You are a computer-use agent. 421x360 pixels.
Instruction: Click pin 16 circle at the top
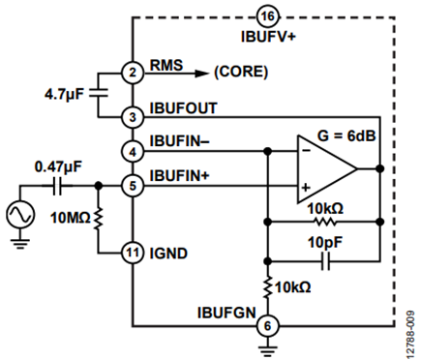coord(268,16)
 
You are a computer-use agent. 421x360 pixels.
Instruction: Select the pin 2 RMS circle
coord(133,73)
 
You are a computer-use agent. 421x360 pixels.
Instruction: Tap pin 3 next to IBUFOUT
coord(133,117)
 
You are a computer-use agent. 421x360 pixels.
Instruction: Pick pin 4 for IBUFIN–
coord(133,152)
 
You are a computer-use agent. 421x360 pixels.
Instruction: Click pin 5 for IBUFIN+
coord(133,186)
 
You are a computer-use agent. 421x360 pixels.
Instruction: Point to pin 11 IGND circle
coord(133,253)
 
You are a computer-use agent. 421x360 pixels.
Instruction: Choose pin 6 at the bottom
coord(267,326)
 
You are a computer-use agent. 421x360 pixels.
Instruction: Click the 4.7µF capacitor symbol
coord(98,93)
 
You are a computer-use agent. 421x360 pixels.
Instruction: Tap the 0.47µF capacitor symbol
coord(57,186)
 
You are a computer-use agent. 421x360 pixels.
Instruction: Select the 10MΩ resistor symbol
coord(98,219)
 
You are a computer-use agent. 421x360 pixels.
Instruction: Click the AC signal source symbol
coord(20,214)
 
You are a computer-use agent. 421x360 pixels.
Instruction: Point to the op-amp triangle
coord(327,168)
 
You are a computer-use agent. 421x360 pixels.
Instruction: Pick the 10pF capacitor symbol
coord(326,261)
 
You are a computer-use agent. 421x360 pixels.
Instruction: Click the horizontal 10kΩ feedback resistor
coord(325,222)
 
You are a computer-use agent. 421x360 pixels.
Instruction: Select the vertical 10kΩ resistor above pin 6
coord(267,286)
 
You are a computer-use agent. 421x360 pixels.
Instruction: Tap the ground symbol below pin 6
coord(267,350)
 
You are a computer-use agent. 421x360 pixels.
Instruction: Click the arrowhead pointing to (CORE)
coord(201,74)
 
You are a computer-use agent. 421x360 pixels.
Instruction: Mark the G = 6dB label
coord(346,135)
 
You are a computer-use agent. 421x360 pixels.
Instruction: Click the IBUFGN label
coord(226,313)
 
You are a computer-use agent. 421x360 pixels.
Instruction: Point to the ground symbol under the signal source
coord(20,244)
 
